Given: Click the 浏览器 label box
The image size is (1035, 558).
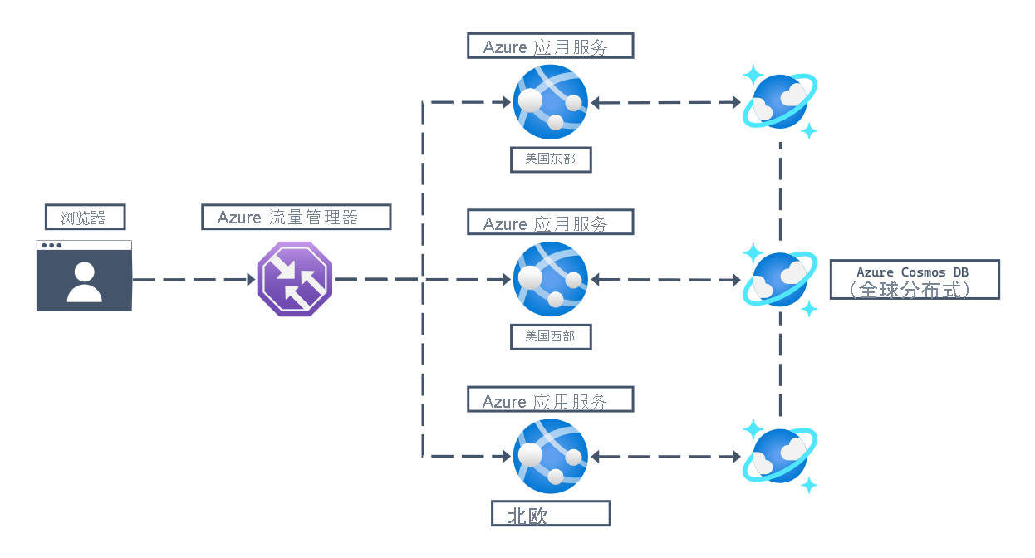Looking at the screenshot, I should [85, 218].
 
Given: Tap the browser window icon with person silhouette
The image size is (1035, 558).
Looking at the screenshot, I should [84, 277].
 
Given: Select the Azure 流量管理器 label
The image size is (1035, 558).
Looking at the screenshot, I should [296, 218].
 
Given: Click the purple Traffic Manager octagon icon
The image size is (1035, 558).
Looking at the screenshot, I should [295, 279].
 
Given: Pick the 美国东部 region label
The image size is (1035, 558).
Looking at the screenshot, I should [551, 159].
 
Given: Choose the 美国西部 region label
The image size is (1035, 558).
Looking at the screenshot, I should [551, 336].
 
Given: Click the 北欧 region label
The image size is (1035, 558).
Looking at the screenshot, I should [551, 513].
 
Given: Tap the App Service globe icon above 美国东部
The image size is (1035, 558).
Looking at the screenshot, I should [551, 101].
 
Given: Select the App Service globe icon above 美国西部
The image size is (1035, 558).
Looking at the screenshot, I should [551, 279].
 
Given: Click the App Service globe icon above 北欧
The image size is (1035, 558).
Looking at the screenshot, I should [551, 456].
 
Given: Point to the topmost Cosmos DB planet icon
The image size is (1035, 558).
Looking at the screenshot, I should [780, 101].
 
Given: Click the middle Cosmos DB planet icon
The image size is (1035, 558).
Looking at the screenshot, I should [780, 279].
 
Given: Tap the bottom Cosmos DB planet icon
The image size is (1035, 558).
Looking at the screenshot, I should [780, 456].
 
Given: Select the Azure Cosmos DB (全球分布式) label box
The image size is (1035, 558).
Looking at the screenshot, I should [914, 280].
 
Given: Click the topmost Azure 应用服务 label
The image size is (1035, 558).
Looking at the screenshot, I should [550, 46].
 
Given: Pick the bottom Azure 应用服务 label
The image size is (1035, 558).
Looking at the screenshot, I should [550, 399].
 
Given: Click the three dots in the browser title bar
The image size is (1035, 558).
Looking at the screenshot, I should [52, 246].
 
